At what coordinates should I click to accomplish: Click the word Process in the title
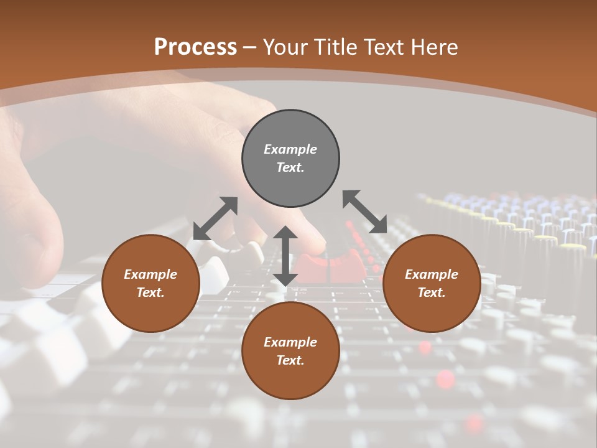point(195,47)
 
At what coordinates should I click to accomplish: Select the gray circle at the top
point(290,158)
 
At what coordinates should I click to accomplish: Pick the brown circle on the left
point(150,283)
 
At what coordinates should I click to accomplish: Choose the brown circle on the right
point(431,283)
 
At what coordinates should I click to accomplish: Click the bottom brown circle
point(290,350)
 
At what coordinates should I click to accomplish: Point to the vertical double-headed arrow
point(285,256)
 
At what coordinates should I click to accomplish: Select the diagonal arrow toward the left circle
point(215,218)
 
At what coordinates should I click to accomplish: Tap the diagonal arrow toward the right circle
point(365,212)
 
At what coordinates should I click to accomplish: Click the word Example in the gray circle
point(290,149)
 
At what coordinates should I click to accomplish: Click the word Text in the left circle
point(150,292)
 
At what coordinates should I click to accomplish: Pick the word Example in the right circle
point(431,274)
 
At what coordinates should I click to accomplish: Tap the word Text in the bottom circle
point(290,360)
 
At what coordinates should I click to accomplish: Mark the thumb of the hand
point(37,243)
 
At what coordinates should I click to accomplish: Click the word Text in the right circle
point(431,292)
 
